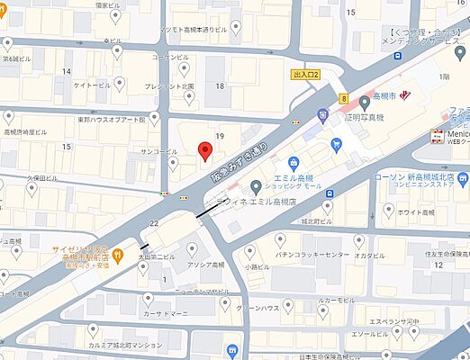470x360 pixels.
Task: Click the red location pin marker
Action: pos(204,149)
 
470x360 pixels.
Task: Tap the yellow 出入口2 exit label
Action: pos(306,75)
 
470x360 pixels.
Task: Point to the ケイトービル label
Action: pos(92,85)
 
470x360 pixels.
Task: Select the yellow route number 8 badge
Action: pos(344,98)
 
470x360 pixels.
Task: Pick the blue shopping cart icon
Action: pos(336,144)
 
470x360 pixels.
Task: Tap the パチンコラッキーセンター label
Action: pos(312,256)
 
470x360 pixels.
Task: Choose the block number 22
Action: pos(154,223)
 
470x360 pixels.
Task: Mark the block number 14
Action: pos(66,70)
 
